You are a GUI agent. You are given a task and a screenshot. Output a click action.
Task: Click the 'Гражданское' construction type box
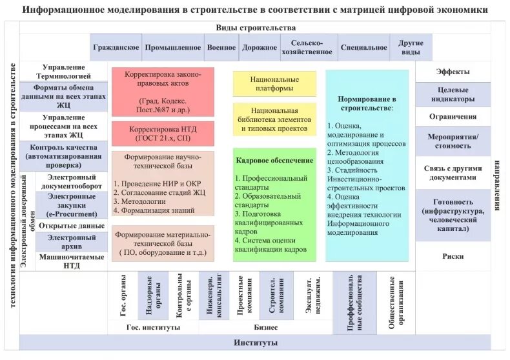116,48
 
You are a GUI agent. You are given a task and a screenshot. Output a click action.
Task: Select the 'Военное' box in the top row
221,48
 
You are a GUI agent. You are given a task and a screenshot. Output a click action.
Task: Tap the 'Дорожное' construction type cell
260,48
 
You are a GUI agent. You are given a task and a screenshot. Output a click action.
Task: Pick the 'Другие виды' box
411,48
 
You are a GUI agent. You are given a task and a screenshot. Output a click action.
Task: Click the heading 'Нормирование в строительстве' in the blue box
367,104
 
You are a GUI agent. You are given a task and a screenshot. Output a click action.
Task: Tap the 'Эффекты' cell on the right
453,72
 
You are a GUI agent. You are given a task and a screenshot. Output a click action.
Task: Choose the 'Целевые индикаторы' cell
453,95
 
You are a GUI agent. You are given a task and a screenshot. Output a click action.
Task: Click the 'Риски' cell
453,256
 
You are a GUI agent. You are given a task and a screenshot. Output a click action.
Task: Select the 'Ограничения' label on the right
453,117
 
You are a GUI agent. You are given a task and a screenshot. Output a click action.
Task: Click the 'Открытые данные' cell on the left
72,226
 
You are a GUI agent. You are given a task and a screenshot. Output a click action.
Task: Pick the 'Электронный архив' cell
72,241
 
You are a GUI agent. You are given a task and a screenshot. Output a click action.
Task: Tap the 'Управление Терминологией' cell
63,72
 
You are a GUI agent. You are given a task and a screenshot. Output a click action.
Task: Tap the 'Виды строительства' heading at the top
256,28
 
